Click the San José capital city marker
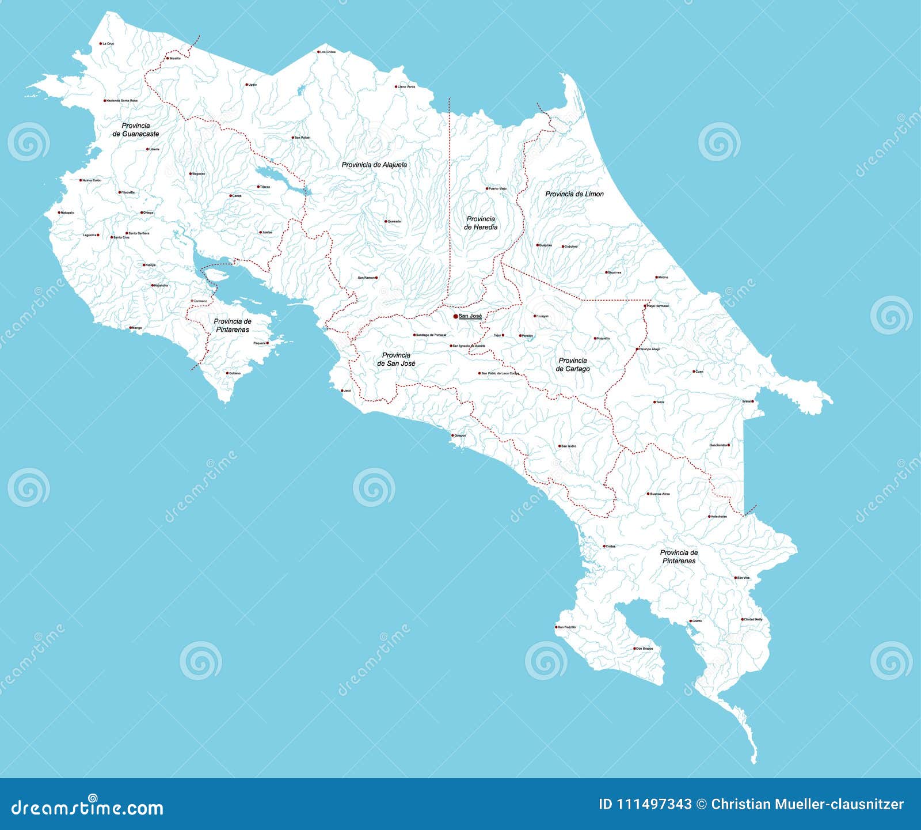(455, 316)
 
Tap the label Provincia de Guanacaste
(136, 130)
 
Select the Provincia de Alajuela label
(374, 165)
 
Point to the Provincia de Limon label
(574, 194)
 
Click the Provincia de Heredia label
(481, 223)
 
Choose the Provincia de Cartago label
(573, 365)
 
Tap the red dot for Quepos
(452, 435)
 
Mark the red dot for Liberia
(147, 149)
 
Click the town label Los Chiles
(328, 52)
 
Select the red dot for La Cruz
(100, 43)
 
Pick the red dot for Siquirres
(606, 272)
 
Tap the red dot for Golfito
(690, 621)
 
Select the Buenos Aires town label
(660, 494)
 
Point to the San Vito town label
(744, 578)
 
